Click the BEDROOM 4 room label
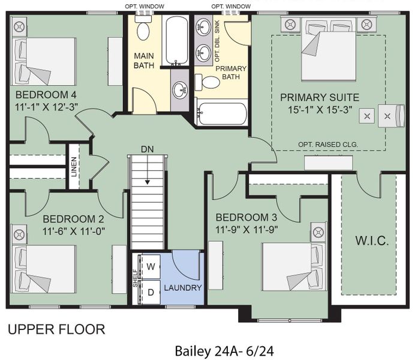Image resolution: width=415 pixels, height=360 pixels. [46, 95]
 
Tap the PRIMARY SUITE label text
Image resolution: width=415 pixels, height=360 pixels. [319, 97]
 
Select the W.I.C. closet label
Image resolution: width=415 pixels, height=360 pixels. [371, 241]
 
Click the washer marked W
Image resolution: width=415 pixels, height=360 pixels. [151, 266]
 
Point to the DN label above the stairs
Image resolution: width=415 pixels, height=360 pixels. [148, 149]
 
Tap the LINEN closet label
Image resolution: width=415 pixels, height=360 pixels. [74, 167]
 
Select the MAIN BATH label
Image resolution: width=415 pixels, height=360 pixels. [144, 61]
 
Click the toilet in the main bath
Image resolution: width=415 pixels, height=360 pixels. [143, 29]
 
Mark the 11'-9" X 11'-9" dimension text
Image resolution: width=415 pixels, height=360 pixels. [246, 229]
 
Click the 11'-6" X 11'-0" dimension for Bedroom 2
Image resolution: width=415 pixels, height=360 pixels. [74, 230]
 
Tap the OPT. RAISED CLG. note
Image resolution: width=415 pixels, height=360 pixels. [327, 145]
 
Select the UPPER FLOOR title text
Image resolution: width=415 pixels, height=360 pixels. [56, 329]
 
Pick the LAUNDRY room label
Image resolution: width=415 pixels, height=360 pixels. [183, 288]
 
